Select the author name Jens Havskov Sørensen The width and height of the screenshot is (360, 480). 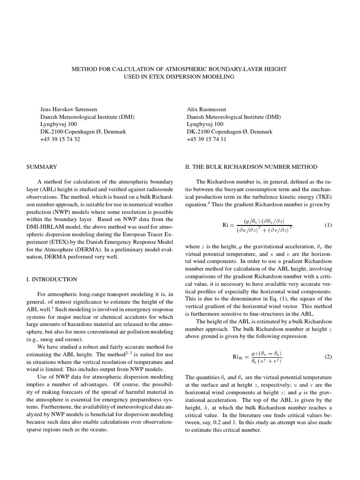[x=69, y=109]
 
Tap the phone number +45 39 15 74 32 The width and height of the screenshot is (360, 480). [x=60, y=139]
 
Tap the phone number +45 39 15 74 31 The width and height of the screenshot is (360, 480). [x=207, y=139]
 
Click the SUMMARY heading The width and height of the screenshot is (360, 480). [x=41, y=167]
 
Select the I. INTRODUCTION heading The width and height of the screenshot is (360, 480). [x=52, y=279]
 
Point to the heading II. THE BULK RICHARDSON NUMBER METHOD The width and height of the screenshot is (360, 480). [x=251, y=167]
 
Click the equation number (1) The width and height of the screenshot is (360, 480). [x=328, y=225]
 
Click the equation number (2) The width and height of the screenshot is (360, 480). [x=328, y=357]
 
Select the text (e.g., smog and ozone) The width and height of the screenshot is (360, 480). [x=54, y=339]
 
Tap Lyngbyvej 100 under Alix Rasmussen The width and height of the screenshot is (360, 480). [x=205, y=124]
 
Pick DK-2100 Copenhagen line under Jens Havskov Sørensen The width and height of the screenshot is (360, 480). [x=83, y=132]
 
